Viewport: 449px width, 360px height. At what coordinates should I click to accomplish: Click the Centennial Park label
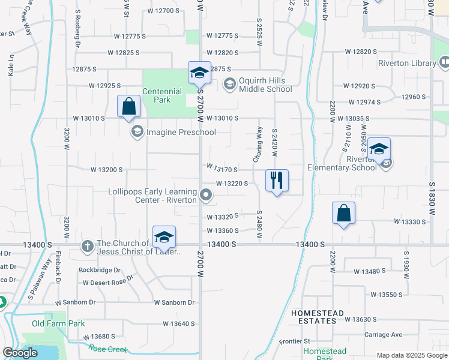point(162,96)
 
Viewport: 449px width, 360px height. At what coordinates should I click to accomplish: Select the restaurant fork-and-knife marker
point(277,180)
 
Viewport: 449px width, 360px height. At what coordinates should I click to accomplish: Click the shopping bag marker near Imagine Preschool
point(129,107)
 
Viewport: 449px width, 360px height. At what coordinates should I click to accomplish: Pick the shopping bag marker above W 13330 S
point(343,213)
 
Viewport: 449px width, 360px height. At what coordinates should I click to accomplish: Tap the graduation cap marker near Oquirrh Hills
point(199,73)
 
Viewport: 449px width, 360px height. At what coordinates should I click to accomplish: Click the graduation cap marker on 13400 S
point(164,238)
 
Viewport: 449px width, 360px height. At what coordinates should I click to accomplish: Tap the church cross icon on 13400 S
point(87,246)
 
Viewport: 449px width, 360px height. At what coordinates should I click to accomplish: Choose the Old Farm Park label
point(58,324)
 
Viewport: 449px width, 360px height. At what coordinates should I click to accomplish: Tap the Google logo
point(20,353)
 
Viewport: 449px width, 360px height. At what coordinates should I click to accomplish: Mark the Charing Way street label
point(259,144)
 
